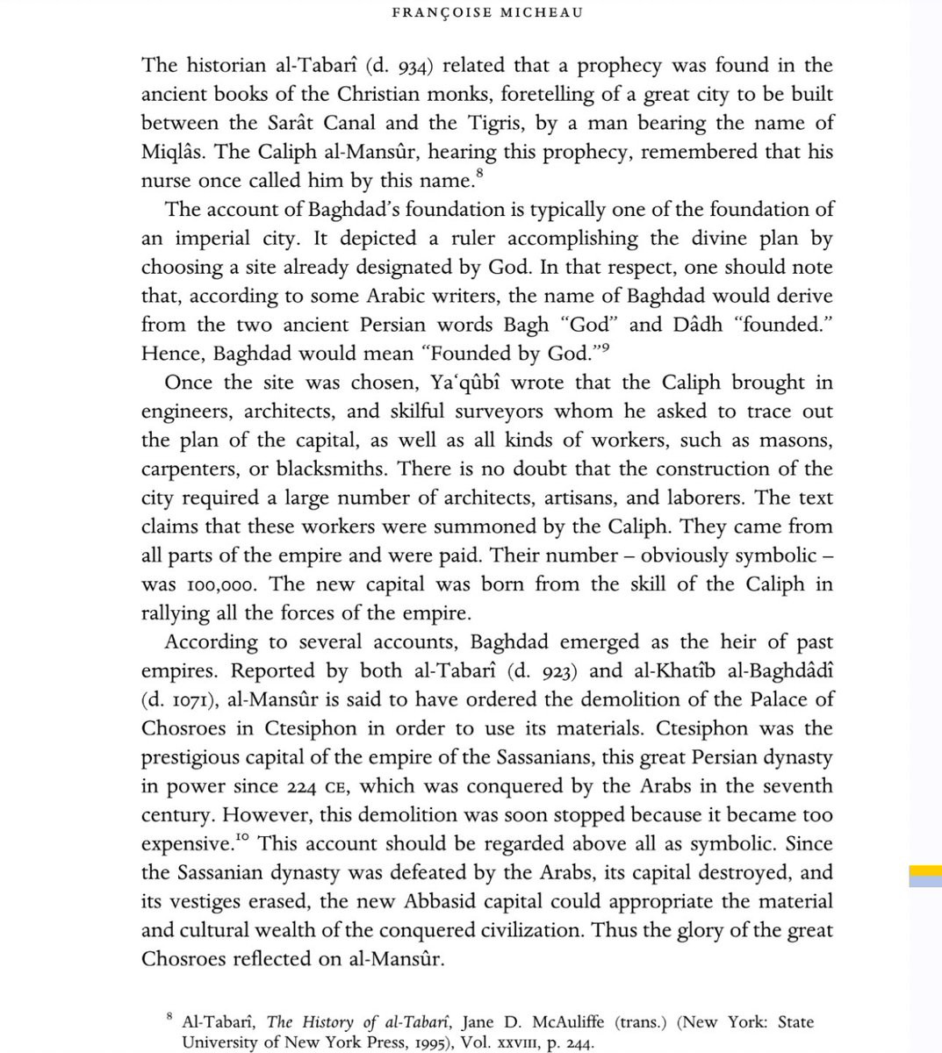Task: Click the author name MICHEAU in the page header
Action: point(541,12)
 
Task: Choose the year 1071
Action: point(188,701)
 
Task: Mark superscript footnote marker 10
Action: point(243,839)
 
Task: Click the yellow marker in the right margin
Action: point(924,870)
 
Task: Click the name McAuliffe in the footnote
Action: point(557,1022)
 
